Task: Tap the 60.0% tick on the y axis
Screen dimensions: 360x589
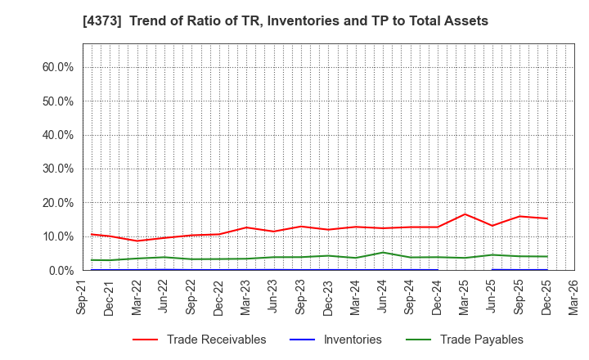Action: (x=58, y=67)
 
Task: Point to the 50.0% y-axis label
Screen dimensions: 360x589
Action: (x=58, y=101)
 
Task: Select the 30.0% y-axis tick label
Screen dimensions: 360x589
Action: (x=58, y=169)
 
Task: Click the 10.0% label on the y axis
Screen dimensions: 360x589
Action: (x=58, y=236)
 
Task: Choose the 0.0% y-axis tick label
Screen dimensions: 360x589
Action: (x=61, y=270)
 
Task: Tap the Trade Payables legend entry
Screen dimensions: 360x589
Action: (x=464, y=340)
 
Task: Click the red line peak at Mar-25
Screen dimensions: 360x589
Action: (x=465, y=214)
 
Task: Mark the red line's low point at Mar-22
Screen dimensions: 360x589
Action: (x=137, y=241)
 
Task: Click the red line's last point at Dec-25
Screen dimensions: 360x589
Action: (x=547, y=218)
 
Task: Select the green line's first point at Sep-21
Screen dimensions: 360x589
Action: (x=91, y=260)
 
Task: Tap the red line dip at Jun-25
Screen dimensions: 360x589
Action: (x=492, y=226)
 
